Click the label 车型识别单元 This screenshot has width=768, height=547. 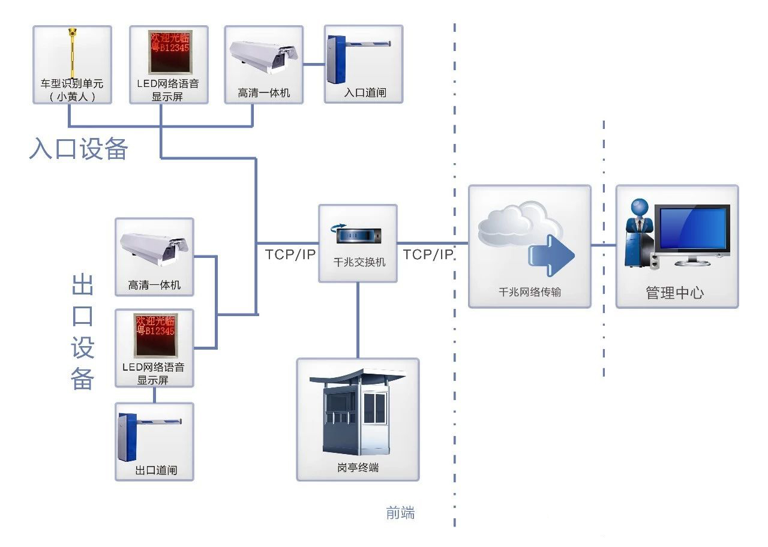tap(72, 83)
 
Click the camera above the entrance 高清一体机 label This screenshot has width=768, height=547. tap(264, 56)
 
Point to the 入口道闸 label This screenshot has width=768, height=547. tap(364, 93)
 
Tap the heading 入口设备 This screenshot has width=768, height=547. tap(79, 149)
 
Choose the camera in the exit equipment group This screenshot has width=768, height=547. tap(154, 248)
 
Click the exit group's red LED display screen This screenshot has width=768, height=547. tap(154, 335)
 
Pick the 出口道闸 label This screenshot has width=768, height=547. tap(156, 470)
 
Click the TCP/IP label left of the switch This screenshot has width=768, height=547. tap(290, 254)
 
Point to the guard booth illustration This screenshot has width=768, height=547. tap(358, 414)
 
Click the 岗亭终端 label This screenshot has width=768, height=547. tap(358, 468)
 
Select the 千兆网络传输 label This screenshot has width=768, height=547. tap(530, 292)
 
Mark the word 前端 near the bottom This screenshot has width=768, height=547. tap(400, 513)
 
